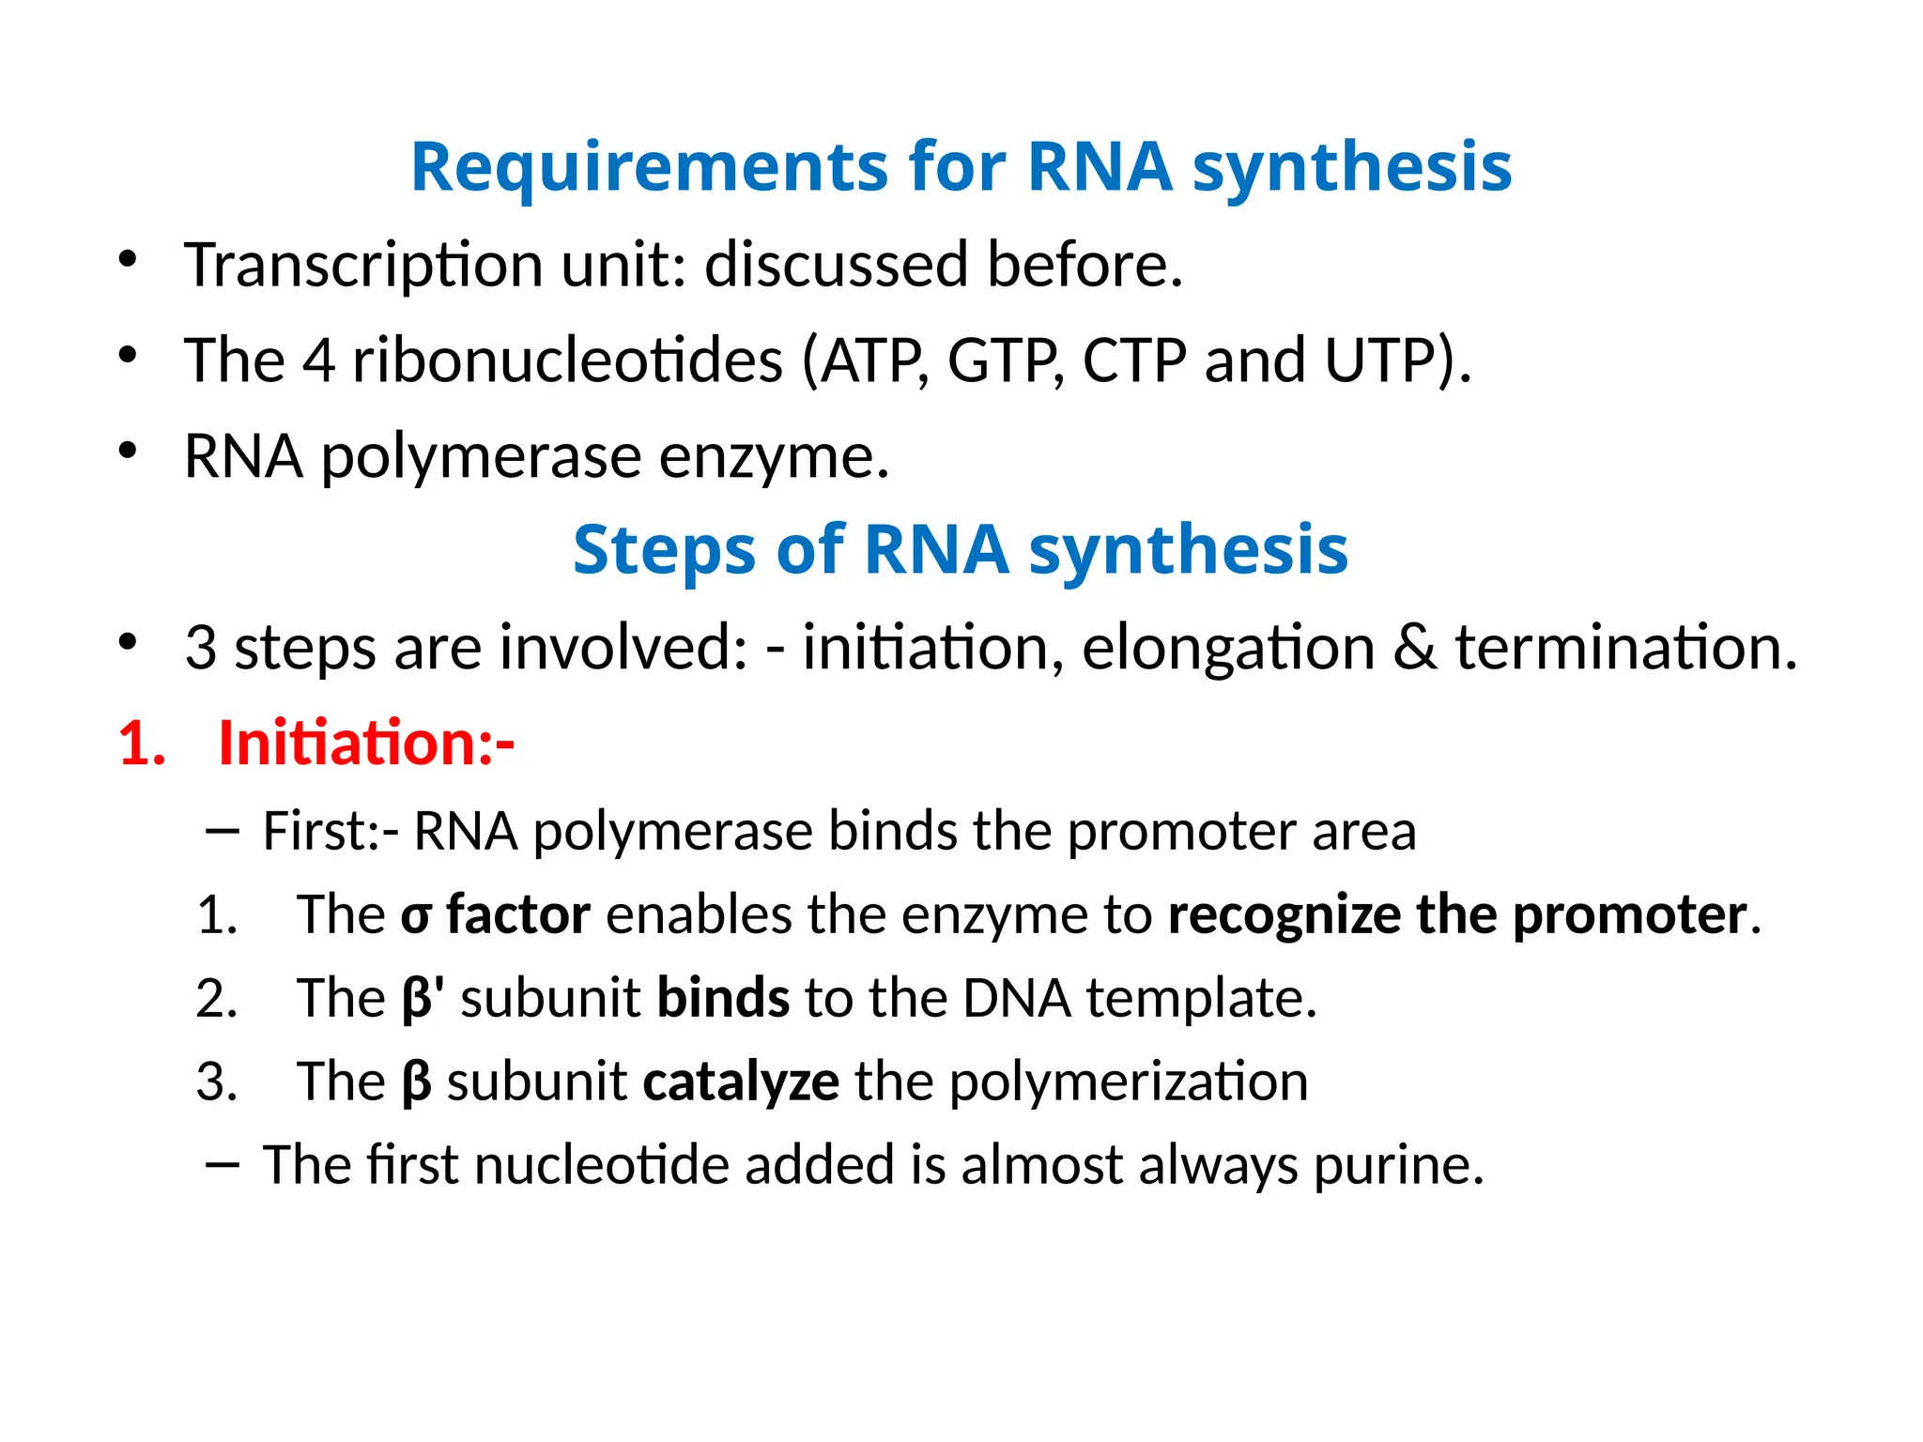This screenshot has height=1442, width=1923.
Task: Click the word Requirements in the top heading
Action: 648,167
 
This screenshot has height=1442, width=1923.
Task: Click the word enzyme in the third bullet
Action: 772,458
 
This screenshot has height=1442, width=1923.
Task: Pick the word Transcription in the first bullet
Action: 362,265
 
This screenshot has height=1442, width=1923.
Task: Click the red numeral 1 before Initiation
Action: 137,744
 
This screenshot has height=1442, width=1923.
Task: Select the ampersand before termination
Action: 1415,648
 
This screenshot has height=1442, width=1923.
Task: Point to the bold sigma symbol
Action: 416,916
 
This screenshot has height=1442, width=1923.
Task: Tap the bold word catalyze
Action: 741,1082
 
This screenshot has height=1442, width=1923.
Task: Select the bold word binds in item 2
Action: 723,999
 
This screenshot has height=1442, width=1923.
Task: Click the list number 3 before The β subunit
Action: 215,1082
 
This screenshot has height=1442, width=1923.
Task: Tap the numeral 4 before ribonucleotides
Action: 318,360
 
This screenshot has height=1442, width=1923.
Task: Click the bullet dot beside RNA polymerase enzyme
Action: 128,451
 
